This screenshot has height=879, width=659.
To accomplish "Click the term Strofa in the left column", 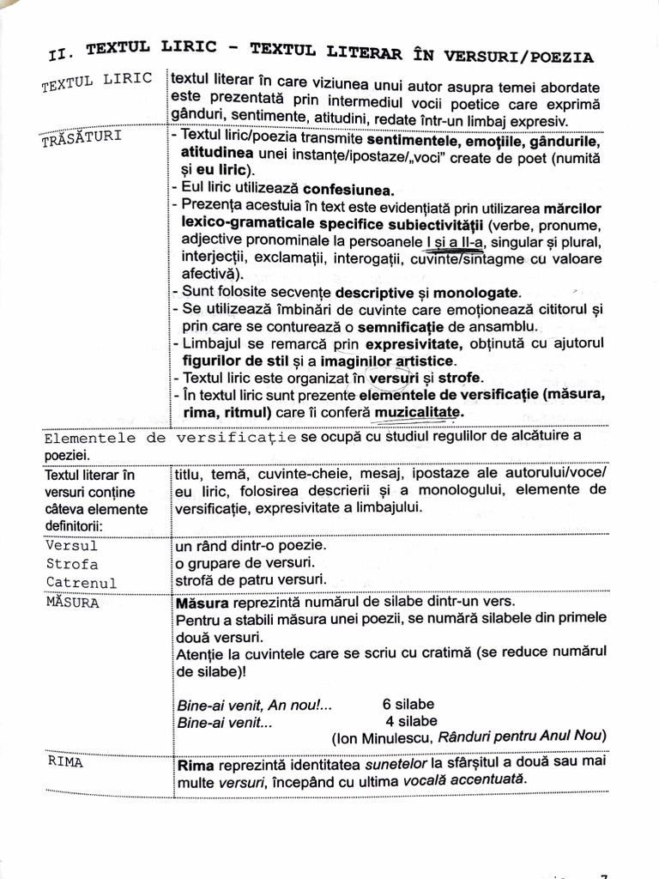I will click(x=71, y=564).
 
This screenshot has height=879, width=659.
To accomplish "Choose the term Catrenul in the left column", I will click(x=80, y=583).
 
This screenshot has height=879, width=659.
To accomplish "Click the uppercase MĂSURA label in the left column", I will click(x=72, y=602).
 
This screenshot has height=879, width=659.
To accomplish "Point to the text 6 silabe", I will click(x=408, y=704).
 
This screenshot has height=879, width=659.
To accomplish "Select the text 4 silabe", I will click(x=411, y=721).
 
